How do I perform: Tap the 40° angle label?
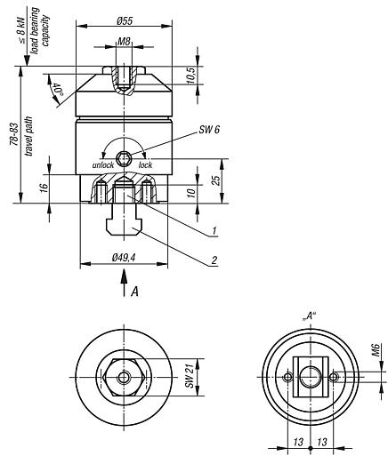pyautogui.click(x=58, y=90)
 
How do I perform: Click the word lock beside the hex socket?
pyautogui.click(x=146, y=165)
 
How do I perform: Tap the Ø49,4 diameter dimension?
pyautogui.click(x=125, y=258)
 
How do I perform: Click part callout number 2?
pyautogui.click(x=214, y=260)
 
